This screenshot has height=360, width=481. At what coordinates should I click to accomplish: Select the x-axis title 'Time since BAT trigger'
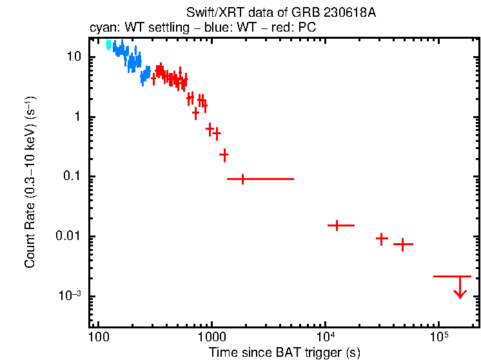(x=284, y=352)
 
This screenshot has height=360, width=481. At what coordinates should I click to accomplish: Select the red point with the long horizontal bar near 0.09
(x=242, y=179)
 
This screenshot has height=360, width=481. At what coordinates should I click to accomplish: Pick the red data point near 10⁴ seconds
(x=337, y=225)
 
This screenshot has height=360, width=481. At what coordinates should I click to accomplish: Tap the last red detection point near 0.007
(x=403, y=244)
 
